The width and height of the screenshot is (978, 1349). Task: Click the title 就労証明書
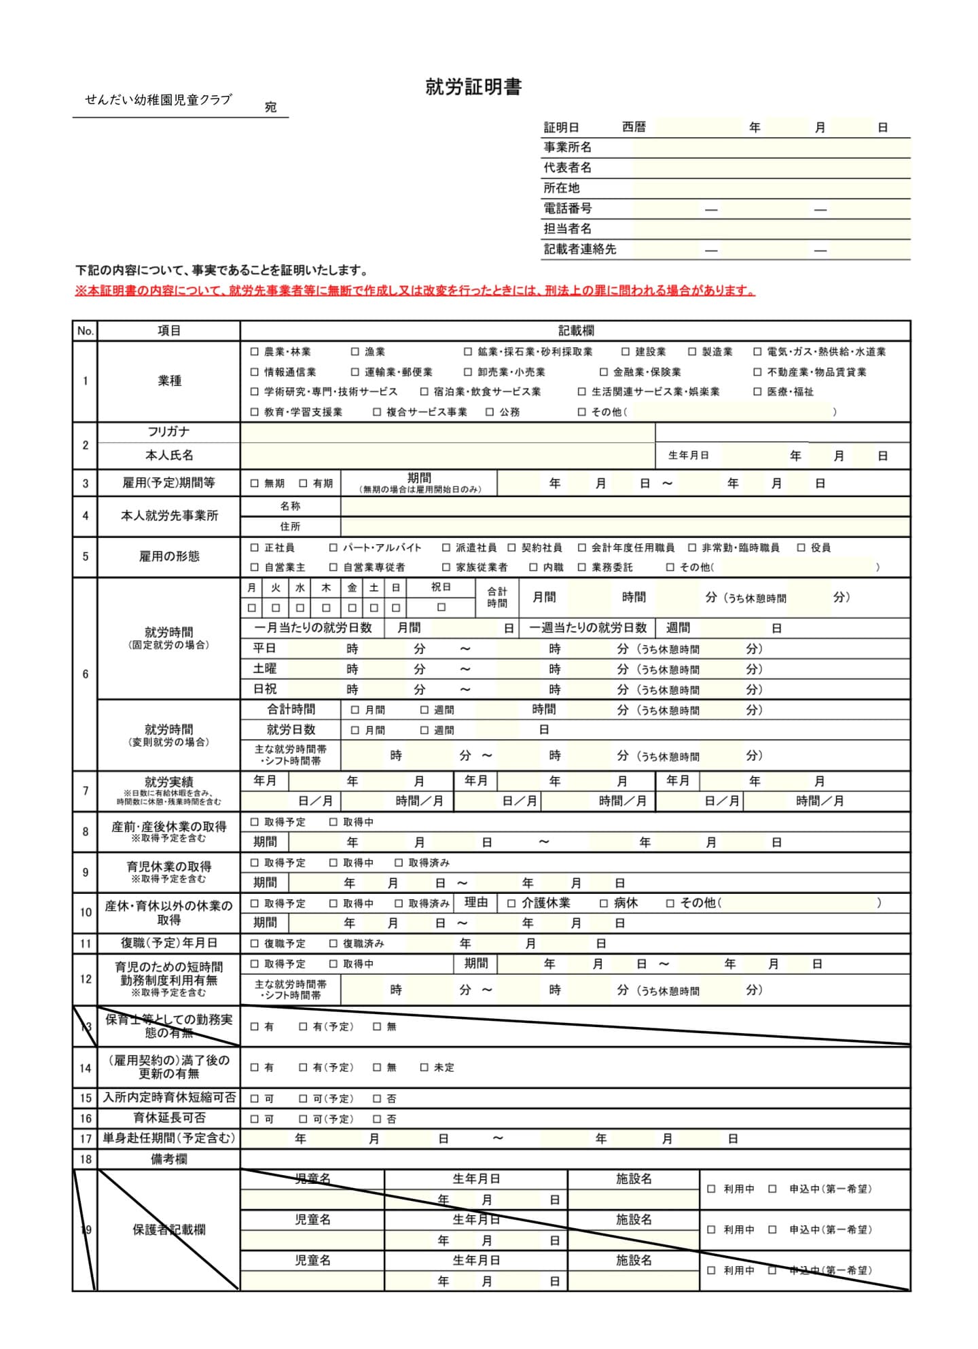point(473,87)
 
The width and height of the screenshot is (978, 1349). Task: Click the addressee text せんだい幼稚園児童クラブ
point(158,100)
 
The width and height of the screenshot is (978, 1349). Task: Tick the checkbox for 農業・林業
point(255,352)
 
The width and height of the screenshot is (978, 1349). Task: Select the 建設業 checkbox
point(626,352)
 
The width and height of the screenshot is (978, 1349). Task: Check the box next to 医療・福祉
point(757,392)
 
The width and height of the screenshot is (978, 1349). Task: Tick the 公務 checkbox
point(490,412)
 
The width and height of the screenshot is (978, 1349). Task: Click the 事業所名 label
point(567,147)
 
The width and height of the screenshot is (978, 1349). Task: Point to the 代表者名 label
point(567,168)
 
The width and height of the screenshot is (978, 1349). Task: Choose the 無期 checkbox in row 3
point(255,484)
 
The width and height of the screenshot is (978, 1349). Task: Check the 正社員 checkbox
point(255,547)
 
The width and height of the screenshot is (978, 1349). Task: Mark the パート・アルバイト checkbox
point(333,547)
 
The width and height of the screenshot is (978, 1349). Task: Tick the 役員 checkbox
point(801,547)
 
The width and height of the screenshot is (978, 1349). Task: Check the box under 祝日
point(441,607)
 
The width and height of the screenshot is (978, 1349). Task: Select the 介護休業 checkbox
point(512,903)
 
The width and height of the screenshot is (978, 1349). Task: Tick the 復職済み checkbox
point(333,943)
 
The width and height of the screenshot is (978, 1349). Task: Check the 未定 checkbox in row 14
point(424,1068)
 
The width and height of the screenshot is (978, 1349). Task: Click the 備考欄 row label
point(168,1159)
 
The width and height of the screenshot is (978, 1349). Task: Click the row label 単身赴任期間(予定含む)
point(168,1138)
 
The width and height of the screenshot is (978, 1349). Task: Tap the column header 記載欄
point(575,331)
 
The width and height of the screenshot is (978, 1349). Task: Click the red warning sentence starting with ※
point(415,291)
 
